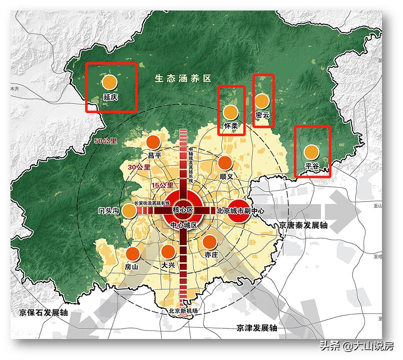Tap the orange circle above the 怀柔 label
(x=230, y=112)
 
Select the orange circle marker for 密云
(x=262, y=101)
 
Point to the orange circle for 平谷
(x=311, y=151)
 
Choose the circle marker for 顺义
(x=225, y=163)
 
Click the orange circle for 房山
(x=133, y=254)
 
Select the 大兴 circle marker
(x=168, y=252)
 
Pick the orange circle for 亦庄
(x=209, y=242)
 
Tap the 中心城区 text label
(x=184, y=225)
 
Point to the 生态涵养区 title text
(x=183, y=79)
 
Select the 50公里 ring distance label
(x=105, y=142)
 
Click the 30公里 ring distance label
(x=139, y=167)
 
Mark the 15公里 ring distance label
(x=163, y=185)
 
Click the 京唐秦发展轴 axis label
(x=303, y=225)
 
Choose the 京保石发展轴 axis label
(x=44, y=312)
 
